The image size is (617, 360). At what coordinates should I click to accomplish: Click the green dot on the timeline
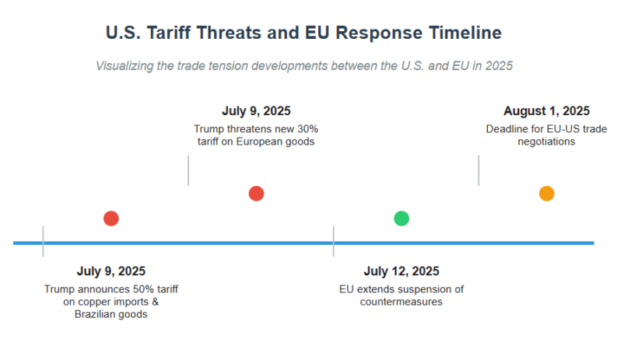pyautogui.click(x=401, y=218)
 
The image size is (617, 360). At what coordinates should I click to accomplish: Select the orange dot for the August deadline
pyautogui.click(x=547, y=194)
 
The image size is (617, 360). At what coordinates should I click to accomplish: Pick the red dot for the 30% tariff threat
pyautogui.click(x=256, y=194)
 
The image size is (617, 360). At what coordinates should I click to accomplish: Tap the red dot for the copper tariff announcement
pyautogui.click(x=110, y=218)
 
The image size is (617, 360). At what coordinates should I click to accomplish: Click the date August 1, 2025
pyautogui.click(x=546, y=111)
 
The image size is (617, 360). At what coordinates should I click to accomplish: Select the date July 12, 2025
pyautogui.click(x=401, y=271)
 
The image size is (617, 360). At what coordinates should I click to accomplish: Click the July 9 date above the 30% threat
pyautogui.click(x=256, y=111)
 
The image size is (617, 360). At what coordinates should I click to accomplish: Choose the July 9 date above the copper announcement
pyautogui.click(x=110, y=271)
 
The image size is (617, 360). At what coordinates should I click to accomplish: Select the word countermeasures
pyautogui.click(x=401, y=302)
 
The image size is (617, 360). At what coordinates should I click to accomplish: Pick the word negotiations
pyautogui.click(x=547, y=142)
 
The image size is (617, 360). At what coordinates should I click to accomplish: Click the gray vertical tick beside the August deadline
pyautogui.click(x=479, y=170)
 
